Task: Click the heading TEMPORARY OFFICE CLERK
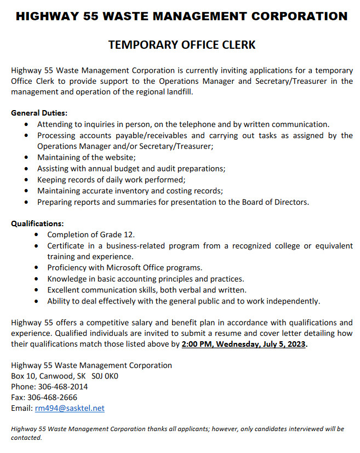pos(182,45)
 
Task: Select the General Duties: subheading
pos(39,113)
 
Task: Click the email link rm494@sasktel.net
pos(70,408)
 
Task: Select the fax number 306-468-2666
pos(54,397)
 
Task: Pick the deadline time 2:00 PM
pos(198,344)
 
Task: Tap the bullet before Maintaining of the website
pos(27,158)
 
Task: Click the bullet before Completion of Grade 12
pos(36,235)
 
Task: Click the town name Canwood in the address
pos(54,376)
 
